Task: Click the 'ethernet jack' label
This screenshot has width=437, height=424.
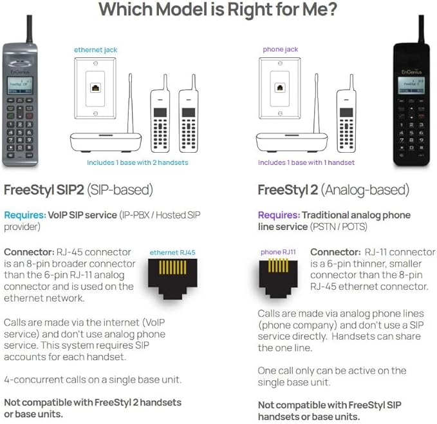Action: (95, 49)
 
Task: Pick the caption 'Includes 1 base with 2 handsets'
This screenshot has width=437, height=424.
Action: (138, 162)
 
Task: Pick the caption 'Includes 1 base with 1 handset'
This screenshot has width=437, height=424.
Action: (306, 162)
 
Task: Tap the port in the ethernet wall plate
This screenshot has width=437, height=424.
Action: (95, 88)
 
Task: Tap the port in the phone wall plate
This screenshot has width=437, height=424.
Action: (280, 88)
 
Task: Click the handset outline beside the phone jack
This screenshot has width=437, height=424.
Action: (346, 119)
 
